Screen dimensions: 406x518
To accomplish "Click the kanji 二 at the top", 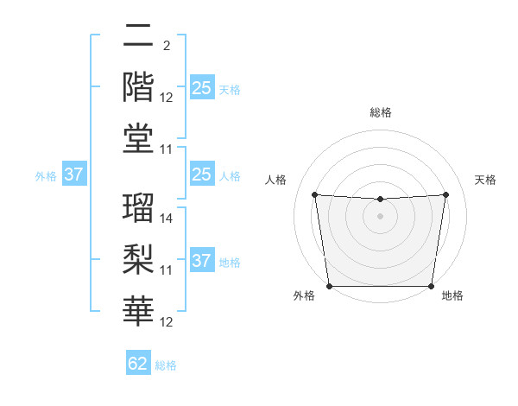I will [138, 37].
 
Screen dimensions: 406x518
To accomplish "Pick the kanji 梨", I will [138, 258].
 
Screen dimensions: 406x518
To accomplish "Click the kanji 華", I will [138, 308].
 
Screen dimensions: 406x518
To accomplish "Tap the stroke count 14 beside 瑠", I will [167, 219].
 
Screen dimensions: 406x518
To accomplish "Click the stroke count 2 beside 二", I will [166, 45].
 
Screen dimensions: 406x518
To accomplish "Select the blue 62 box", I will [138, 364].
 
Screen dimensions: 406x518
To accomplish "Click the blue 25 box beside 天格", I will [201, 87].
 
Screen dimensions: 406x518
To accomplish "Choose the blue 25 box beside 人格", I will [201, 175].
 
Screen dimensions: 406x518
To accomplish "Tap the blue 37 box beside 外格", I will [74, 175].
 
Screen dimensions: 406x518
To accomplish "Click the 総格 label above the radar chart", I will [380, 113].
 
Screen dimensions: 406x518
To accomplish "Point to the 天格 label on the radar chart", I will [485, 180].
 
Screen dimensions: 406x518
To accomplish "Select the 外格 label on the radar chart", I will [304, 296].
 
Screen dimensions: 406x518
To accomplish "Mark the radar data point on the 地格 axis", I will [431, 286].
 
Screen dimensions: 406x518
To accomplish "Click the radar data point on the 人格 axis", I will [314, 194].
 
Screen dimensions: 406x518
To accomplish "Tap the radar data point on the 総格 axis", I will [380, 200].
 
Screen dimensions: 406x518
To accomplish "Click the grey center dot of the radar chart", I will [380, 216].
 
